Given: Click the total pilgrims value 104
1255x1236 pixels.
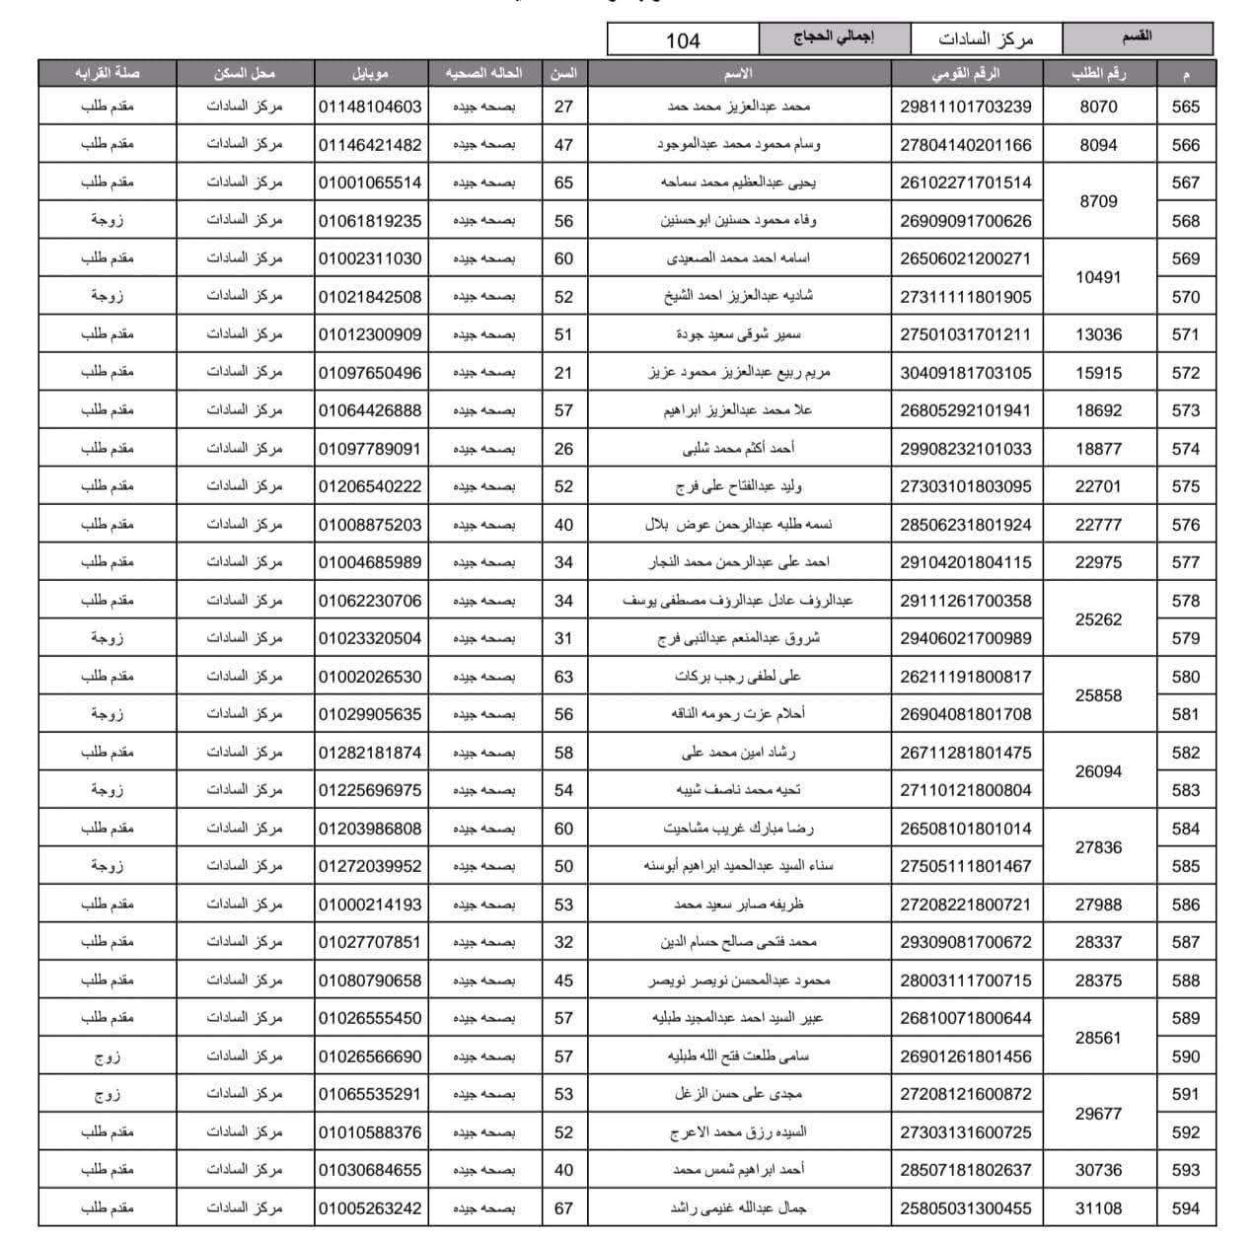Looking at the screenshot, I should coord(683,40).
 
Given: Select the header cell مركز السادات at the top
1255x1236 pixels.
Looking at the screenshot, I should coord(986,39).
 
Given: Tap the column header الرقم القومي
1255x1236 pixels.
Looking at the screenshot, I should coord(965,73).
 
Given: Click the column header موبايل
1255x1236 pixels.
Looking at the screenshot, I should coord(370,73).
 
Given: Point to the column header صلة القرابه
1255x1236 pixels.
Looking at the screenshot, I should coord(107,73).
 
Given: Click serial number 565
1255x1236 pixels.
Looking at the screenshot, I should coord(1185,107).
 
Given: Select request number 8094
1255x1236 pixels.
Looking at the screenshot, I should coord(1098,145).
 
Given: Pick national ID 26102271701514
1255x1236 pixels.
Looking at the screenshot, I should coord(965,182).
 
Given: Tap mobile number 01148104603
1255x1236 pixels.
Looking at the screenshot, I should coord(370,107).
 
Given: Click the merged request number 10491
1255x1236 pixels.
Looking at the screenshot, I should coord(1098,277).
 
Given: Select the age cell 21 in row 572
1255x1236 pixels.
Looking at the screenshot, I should coord(563,372).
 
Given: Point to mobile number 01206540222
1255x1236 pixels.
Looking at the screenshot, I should coord(370,486).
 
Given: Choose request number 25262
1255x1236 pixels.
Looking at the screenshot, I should coord(1098,619).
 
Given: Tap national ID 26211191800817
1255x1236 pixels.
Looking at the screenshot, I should coord(965,677).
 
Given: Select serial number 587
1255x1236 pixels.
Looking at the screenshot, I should coord(1185,942).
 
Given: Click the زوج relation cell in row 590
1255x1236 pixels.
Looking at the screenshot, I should coord(107,1056).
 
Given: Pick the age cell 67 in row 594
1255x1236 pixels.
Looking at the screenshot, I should coord(563,1207).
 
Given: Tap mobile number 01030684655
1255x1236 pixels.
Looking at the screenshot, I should coord(370,1170).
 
